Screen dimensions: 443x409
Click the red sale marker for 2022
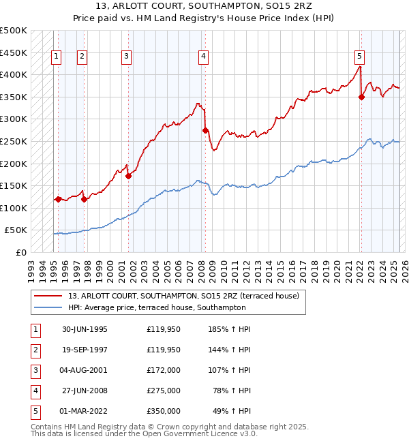click(361, 97)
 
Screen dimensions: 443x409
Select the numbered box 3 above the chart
click(127, 57)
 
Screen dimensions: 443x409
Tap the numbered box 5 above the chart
click(359, 57)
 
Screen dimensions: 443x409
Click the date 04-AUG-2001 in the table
click(85, 370)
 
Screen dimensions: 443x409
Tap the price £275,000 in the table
click(164, 391)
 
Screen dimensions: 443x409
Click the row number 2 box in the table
click(34, 350)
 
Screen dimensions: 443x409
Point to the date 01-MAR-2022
click(85, 411)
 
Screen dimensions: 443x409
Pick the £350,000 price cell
click(164, 411)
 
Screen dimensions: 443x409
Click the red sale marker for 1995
click(59, 199)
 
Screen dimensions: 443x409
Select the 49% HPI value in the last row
click(232, 411)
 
